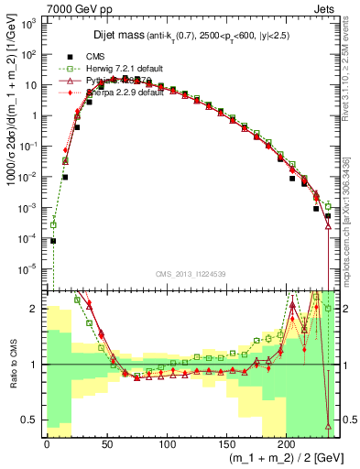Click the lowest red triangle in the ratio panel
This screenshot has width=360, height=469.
click(328, 426)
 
